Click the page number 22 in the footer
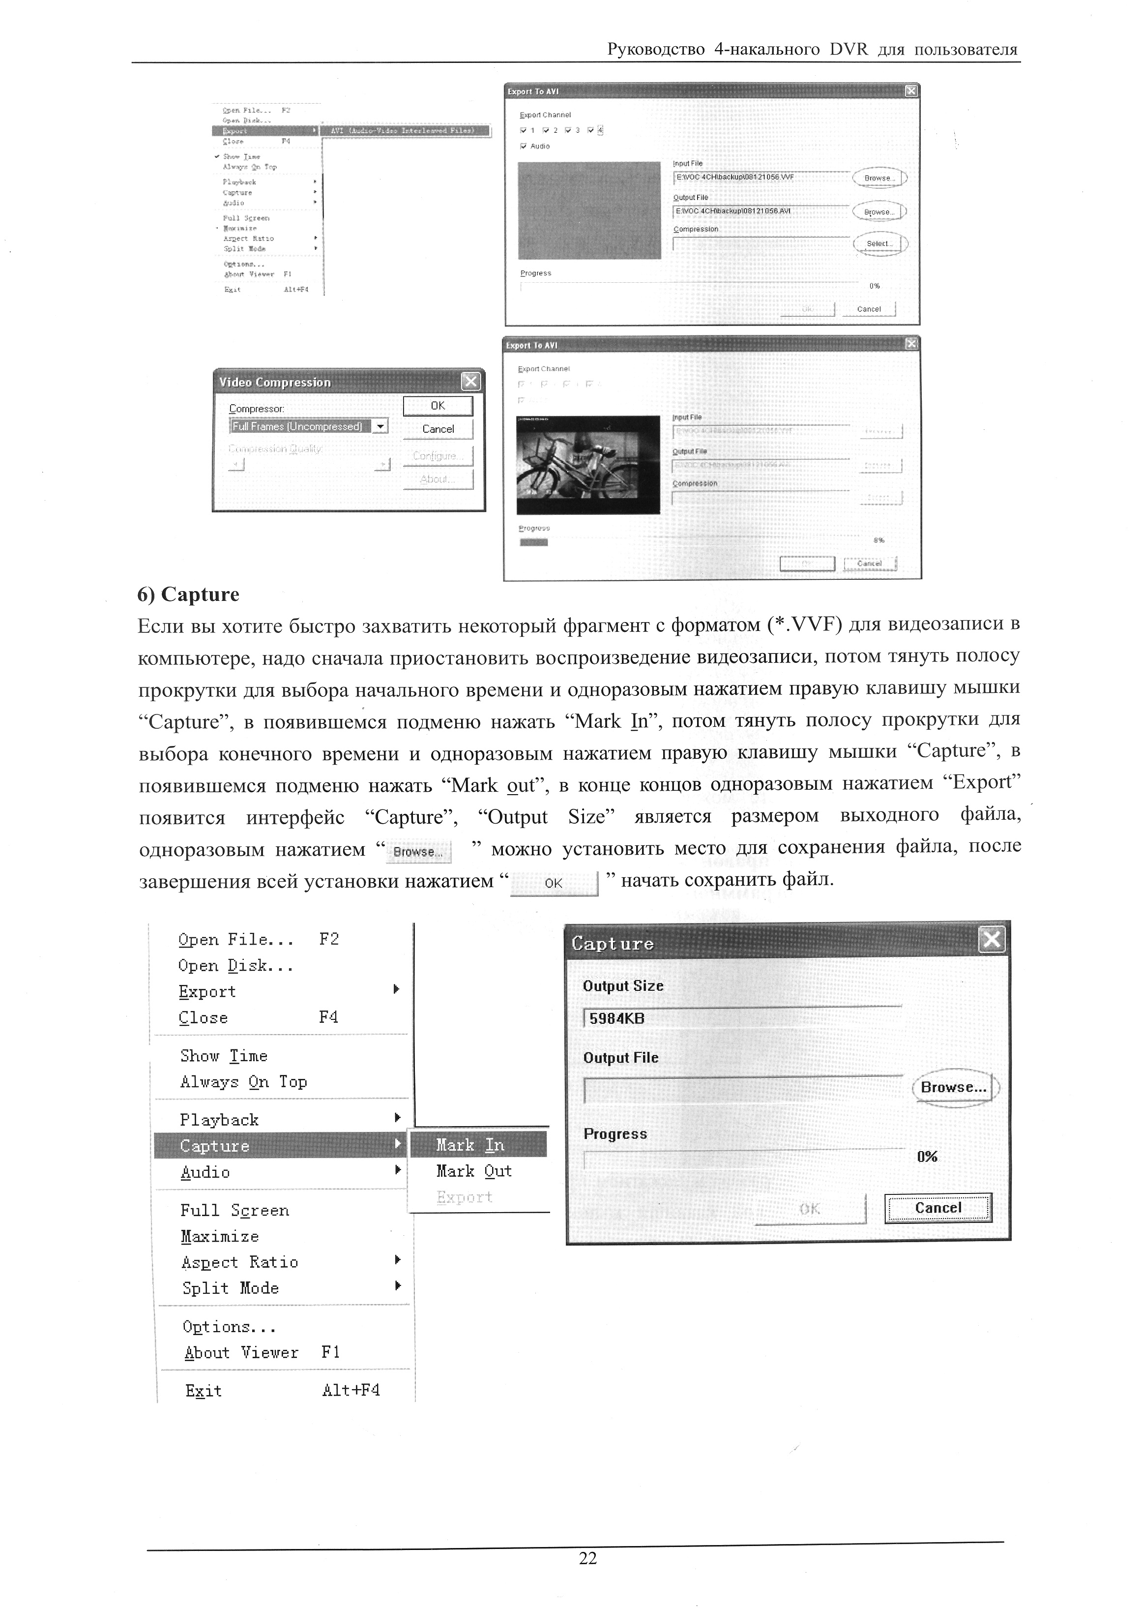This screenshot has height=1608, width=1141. coord(587,1559)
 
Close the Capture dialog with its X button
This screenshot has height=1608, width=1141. coord(992,940)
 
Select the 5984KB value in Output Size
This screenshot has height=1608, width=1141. coord(617,1018)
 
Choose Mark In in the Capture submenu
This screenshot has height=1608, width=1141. coord(470,1145)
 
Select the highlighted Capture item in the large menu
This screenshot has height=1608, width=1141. coord(215,1146)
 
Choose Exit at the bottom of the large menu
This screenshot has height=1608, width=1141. coord(204,1391)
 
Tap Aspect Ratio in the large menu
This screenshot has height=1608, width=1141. coord(239,1262)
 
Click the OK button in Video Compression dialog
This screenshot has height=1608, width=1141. coord(438,406)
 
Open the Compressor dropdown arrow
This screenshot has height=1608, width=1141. coord(380,426)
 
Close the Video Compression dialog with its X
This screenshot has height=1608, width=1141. coord(470,382)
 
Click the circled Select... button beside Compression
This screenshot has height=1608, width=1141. coord(879,244)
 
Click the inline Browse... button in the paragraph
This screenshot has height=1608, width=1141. coord(419,852)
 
